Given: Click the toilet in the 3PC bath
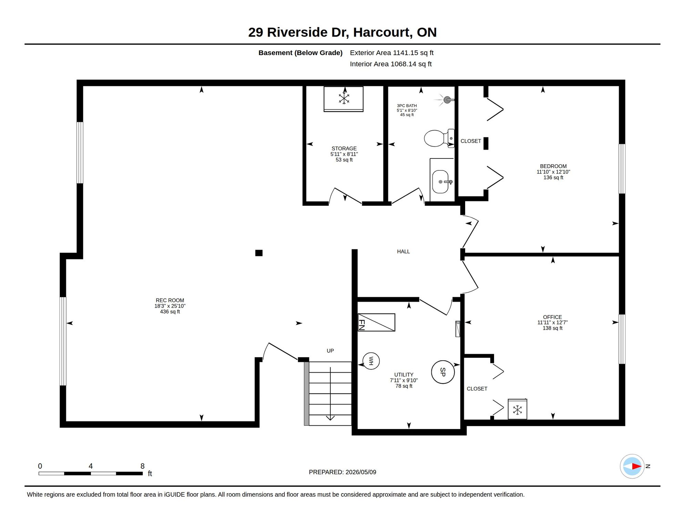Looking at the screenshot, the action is click(439, 138).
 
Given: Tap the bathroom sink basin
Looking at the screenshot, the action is click(440, 181).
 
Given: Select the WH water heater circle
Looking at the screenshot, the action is click(371, 361).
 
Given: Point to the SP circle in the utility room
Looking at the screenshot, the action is click(443, 372).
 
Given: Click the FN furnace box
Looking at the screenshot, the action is click(377, 322).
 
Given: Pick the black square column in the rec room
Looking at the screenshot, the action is click(259, 253).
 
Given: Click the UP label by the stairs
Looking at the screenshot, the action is click(330, 351).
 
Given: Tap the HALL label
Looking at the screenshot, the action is click(403, 251).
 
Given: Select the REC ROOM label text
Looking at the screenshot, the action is click(170, 300).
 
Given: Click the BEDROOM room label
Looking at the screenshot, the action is click(553, 166).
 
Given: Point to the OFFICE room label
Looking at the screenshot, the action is click(552, 317).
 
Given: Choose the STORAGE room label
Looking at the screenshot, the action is click(344, 148).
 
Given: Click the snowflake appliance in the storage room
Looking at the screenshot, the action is click(344, 99).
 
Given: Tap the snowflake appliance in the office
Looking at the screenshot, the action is click(517, 409).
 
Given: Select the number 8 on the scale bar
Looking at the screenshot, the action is click(142, 466).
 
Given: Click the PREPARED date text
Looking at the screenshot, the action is click(342, 472).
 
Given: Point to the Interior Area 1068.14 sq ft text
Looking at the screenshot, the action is click(391, 64).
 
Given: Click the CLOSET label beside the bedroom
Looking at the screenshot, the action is click(471, 141).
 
